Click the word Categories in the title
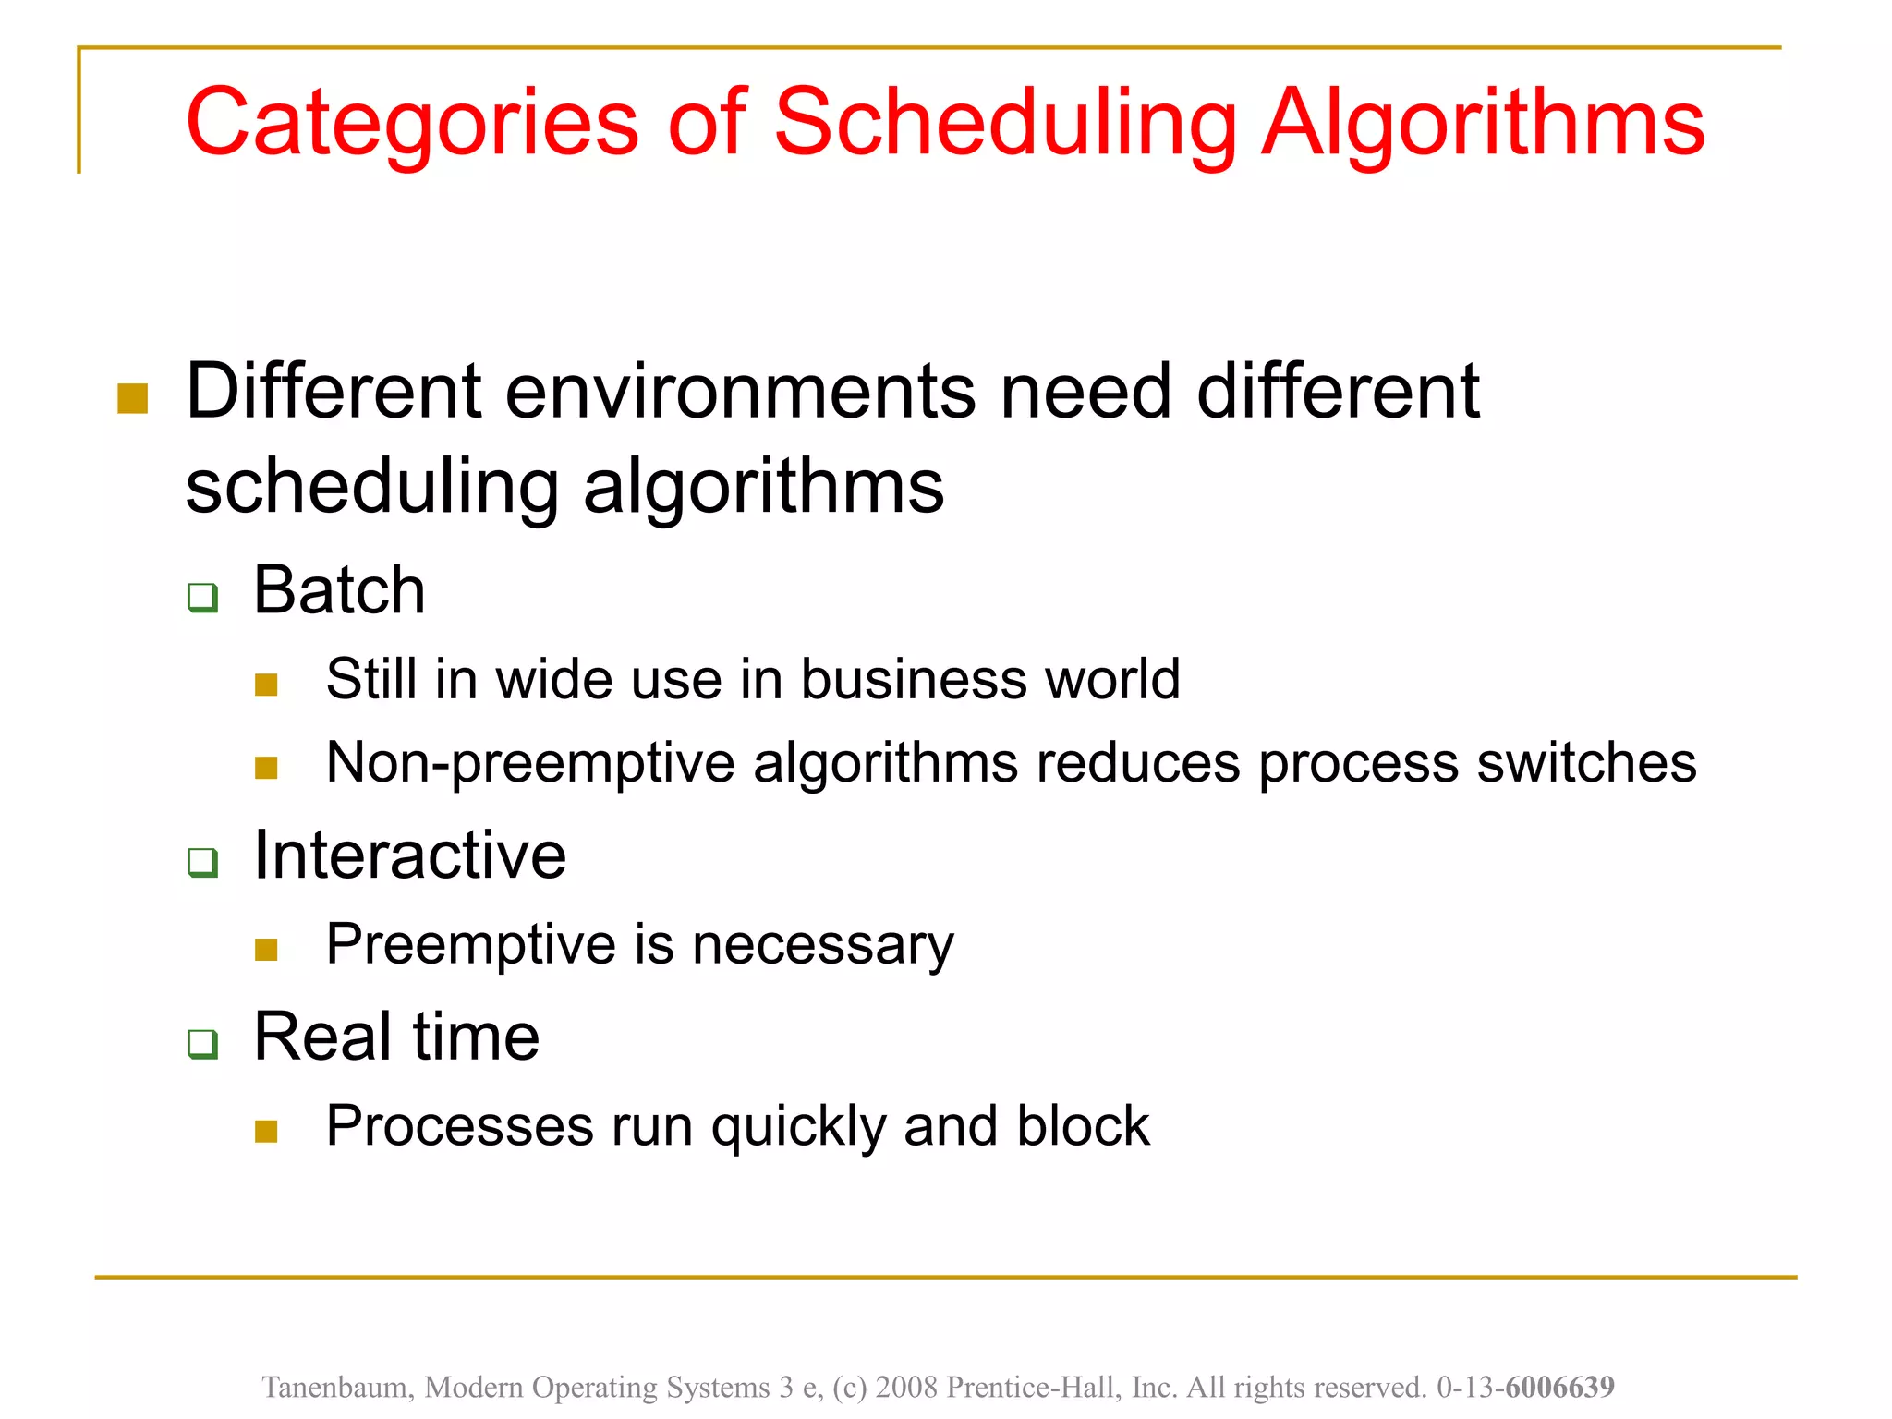pos(412,123)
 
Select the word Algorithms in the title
pos(1484,123)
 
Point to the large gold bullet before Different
pos(133,399)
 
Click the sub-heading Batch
pos(339,590)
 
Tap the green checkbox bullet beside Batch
pos(202,597)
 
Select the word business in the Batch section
pos(913,680)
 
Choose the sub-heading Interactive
pos(409,855)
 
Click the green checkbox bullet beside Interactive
pos(202,862)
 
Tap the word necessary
pos(822,945)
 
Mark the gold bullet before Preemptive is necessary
pos(266,950)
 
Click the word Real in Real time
pos(320,1037)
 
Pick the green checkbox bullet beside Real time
pos(202,1044)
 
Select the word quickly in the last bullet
pos(798,1127)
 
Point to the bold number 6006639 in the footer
pos(1559,1387)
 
